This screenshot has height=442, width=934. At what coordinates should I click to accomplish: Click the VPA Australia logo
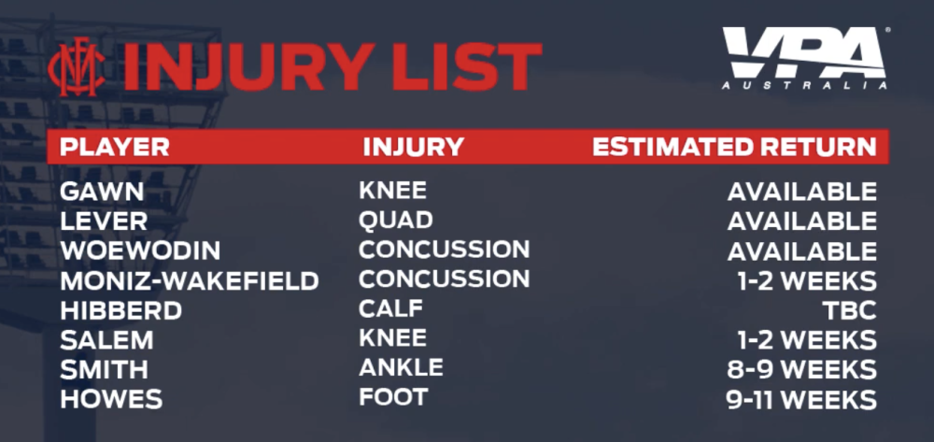[x=806, y=58]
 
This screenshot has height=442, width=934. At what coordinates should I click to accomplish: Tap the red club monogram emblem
[x=77, y=66]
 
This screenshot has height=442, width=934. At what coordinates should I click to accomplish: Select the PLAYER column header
[x=114, y=147]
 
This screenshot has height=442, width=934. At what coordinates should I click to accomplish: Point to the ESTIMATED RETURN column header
[x=734, y=147]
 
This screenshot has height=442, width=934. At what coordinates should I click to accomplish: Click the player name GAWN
[x=102, y=192]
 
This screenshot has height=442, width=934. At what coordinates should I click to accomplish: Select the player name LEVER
[x=104, y=221]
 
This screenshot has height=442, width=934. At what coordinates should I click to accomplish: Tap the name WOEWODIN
[x=141, y=250]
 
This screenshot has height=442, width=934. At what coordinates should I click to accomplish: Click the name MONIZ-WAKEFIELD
[x=190, y=280]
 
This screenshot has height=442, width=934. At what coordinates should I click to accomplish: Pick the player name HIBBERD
[x=120, y=310]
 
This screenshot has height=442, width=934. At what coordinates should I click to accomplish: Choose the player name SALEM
[x=106, y=340]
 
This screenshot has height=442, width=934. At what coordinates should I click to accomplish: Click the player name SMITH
[x=104, y=370]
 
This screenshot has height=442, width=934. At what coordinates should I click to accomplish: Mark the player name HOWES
[x=111, y=399]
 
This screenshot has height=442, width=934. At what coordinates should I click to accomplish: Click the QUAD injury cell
[x=395, y=221]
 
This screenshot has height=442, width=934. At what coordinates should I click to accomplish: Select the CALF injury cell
[x=390, y=308]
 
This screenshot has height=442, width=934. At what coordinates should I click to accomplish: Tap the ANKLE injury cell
[x=401, y=367]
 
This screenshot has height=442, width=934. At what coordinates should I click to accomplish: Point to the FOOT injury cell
[x=393, y=397]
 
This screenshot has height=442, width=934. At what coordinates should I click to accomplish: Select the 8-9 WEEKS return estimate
[x=801, y=370]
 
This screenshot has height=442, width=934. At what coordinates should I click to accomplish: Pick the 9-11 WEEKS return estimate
[x=801, y=400]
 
